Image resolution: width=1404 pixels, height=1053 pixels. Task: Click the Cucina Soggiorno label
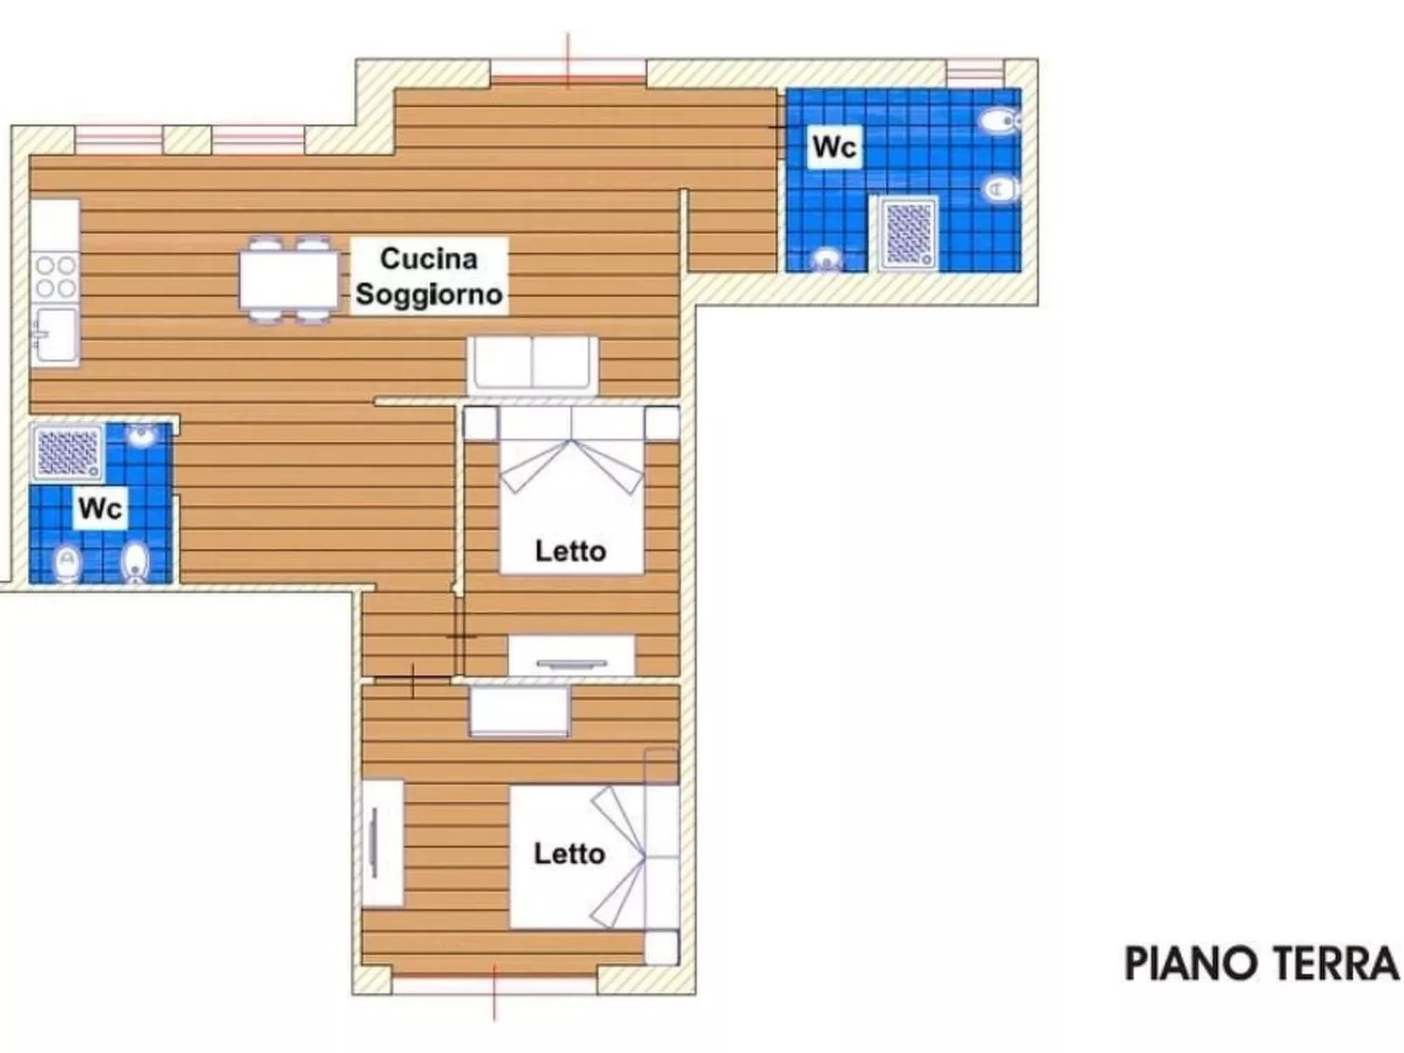point(428,276)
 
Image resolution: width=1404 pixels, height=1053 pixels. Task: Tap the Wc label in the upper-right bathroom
point(834,146)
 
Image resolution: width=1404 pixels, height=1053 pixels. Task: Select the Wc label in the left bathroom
point(100,508)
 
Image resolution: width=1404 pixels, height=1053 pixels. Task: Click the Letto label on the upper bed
point(570,551)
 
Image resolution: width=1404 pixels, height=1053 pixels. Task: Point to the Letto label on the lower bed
point(569,854)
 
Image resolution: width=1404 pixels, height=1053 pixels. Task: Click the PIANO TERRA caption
point(1262,964)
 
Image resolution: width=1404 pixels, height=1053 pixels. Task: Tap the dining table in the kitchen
point(288,280)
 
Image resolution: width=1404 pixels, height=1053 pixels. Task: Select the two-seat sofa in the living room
point(532,364)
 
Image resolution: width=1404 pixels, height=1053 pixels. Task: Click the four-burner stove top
point(55,276)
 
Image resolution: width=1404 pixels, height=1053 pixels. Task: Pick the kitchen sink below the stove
point(55,335)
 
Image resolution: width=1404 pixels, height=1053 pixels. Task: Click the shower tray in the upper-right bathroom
point(909,233)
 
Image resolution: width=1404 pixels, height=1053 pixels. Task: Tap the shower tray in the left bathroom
point(67,452)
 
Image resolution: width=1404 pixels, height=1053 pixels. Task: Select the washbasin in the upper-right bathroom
point(825,260)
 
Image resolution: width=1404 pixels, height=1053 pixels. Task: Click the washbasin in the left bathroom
point(141,434)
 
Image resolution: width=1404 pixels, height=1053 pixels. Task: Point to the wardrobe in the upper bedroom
point(572,656)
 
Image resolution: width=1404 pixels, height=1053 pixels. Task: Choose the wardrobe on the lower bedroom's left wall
point(382,843)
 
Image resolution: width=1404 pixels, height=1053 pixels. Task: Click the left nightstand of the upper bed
point(480,424)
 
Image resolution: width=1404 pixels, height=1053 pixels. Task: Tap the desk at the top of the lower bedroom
point(519,710)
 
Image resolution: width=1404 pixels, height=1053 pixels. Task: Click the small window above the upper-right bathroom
point(975,72)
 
